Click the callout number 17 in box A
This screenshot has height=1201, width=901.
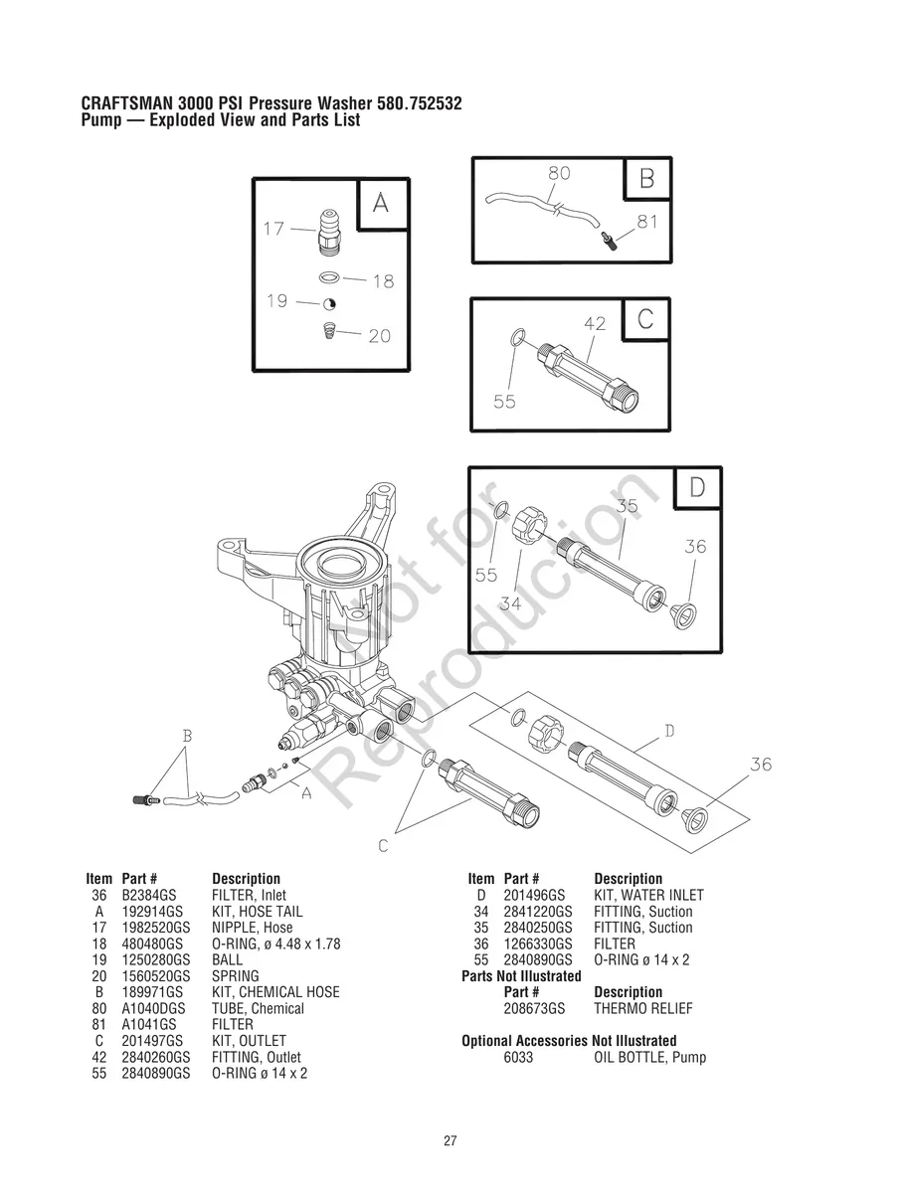tap(273, 229)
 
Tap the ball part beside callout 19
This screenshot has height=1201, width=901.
tap(330, 304)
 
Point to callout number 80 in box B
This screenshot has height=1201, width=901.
tap(559, 173)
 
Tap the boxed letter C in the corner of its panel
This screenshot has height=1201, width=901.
tap(645, 319)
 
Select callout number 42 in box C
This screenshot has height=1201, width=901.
tap(595, 324)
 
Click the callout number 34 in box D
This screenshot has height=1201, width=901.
tap(511, 602)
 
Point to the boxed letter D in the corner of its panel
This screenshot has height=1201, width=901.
tap(697, 487)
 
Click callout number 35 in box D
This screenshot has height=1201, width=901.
tap(627, 506)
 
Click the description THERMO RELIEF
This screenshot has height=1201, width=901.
tap(643, 1009)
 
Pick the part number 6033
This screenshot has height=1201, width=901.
tap(518, 1058)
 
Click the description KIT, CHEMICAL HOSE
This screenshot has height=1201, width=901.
tap(275, 992)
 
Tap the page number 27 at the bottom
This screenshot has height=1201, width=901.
tap(450, 1141)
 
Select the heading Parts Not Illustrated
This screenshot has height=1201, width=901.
tap(521, 976)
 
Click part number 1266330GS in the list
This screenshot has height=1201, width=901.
tap(538, 944)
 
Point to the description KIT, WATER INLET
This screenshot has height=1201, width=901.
tap(648, 896)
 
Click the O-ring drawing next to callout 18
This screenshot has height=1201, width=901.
tap(330, 277)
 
